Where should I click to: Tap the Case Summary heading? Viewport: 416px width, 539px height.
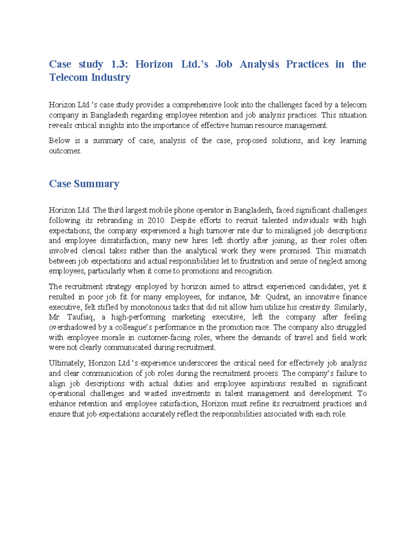[84, 184]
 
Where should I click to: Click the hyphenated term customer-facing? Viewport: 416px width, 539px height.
[164, 337]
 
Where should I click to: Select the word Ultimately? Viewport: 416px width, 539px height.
[67, 363]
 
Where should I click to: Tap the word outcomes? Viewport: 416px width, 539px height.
[65, 151]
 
